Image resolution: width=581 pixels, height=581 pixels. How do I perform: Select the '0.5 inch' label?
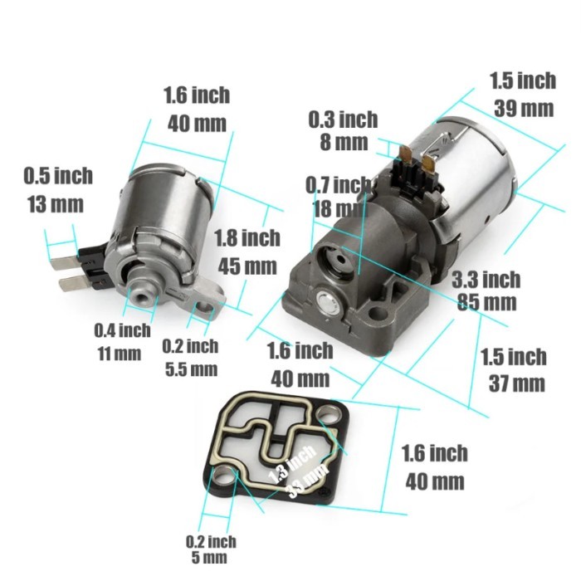58,176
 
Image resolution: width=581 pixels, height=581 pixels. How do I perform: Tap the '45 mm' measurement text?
247,267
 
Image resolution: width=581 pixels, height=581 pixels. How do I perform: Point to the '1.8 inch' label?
247,238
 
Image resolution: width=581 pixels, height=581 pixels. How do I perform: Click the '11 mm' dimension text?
120,354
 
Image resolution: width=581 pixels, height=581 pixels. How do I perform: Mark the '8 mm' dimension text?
343,142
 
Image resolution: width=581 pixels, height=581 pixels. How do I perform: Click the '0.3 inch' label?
343,120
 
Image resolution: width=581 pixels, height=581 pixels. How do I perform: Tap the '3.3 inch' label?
487,278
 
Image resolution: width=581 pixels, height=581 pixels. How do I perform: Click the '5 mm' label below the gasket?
209,558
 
